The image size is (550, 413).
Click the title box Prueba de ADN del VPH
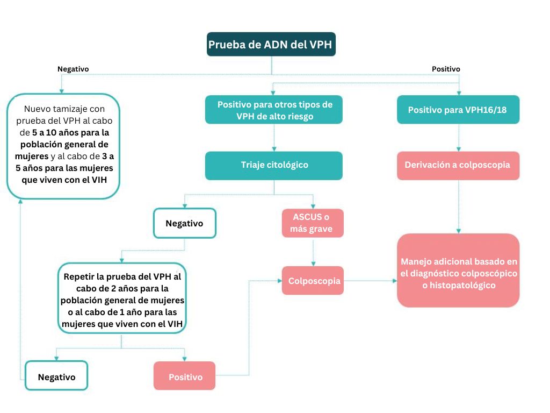pos(271,45)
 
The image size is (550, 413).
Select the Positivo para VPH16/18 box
pos(458,110)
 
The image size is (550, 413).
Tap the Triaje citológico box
pos(274,165)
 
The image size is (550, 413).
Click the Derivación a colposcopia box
pos(458,165)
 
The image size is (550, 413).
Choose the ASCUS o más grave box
pos(312,223)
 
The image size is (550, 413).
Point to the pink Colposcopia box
pos(312,281)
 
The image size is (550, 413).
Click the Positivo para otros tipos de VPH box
pos(274,110)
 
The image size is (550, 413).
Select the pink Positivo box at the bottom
pos(184,376)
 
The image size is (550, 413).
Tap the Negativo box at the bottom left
pos(56,376)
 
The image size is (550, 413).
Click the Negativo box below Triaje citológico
pos(184,223)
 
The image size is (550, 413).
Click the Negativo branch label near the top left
pos(73,69)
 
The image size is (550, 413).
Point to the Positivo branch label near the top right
pos(446,69)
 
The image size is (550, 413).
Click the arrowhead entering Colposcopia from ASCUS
pos(313,264)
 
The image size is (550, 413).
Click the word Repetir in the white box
pos(79,277)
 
